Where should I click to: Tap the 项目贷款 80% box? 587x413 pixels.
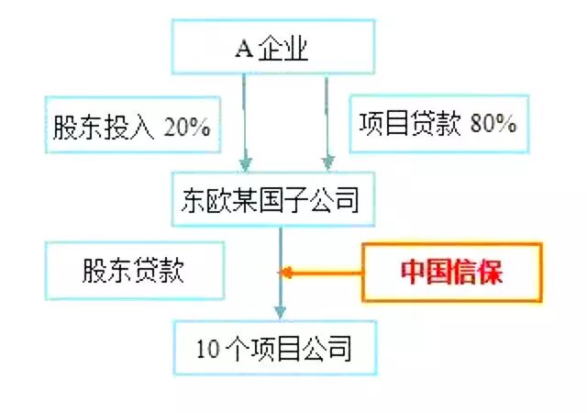pyautogui.click(x=437, y=123)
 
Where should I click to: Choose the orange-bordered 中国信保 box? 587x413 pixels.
pyautogui.click(x=452, y=273)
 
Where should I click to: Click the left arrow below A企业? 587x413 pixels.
pyautogui.click(x=245, y=119)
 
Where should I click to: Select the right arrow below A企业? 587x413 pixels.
pyautogui.click(x=327, y=119)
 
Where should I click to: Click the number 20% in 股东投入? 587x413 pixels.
pyautogui.click(x=188, y=126)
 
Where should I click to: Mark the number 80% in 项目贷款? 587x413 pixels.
pyautogui.click(x=493, y=124)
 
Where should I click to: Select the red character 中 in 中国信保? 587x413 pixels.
pyautogui.click(x=414, y=273)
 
